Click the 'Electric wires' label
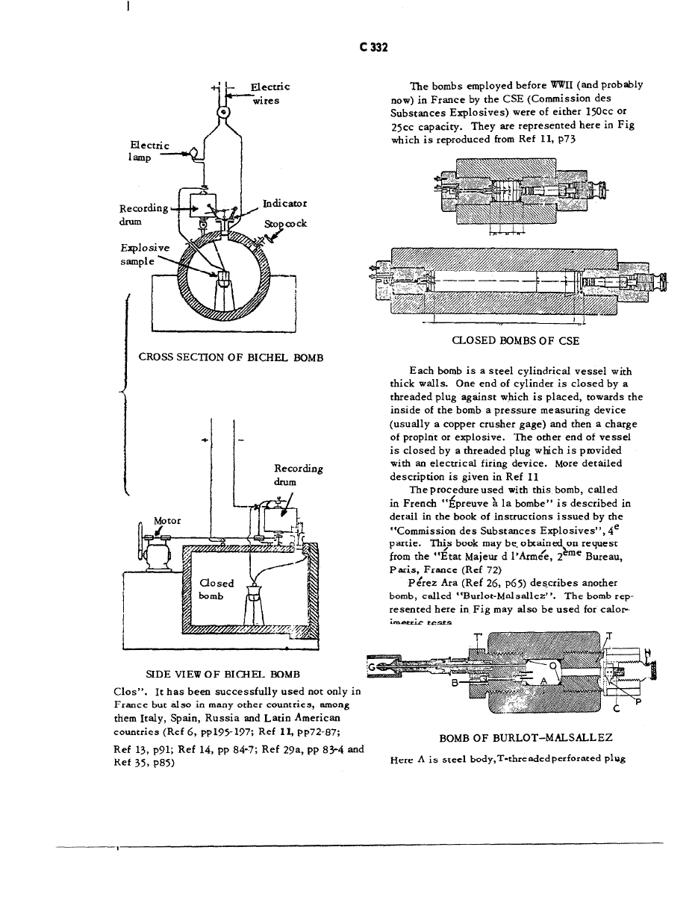coord(265,93)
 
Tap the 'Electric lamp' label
coord(149,151)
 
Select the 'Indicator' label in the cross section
coord(284,203)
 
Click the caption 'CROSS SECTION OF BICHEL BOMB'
coord(231,357)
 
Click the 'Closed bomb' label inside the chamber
coord(217,590)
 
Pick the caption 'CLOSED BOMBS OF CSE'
coord(516,340)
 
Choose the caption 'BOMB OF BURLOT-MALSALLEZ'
coord(526,738)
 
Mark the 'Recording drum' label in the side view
coord(299,475)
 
